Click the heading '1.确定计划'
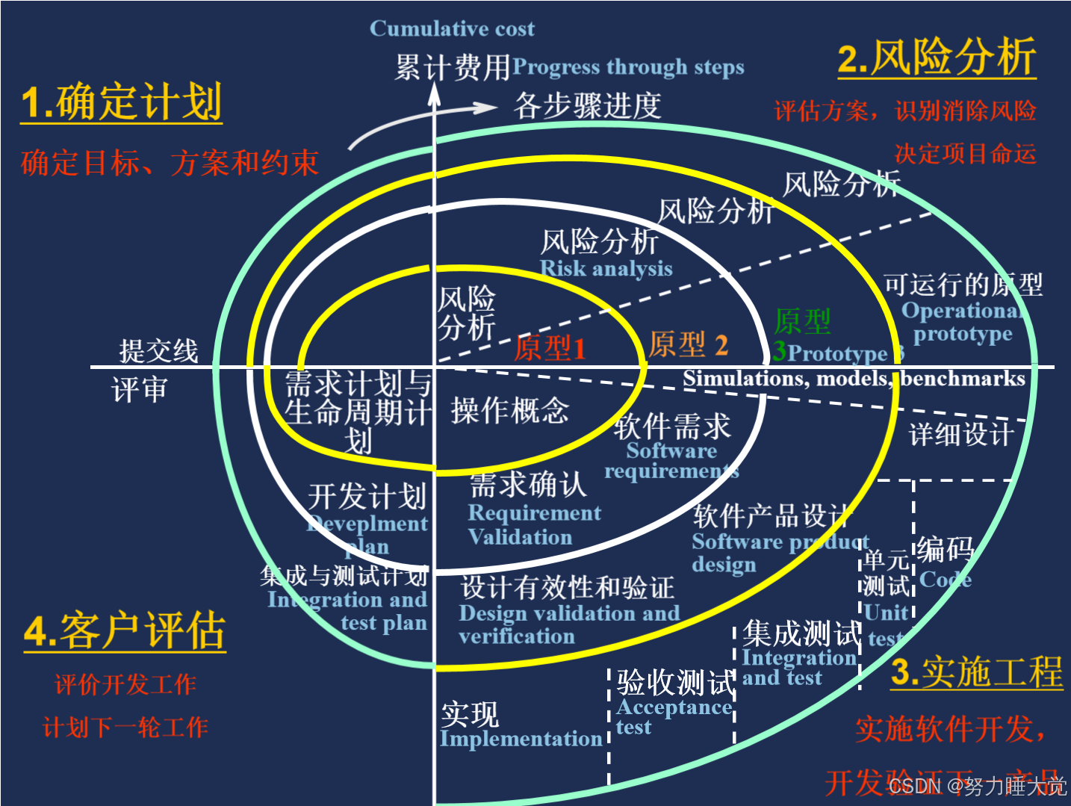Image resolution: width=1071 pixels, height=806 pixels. (121, 102)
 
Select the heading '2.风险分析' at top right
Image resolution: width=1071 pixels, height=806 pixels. (937, 57)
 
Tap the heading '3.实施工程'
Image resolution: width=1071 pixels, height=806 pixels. (977, 672)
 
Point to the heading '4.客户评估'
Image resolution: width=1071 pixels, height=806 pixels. (125, 631)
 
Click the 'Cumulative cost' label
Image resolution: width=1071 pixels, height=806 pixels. (452, 29)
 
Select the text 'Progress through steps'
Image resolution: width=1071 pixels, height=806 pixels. (628, 67)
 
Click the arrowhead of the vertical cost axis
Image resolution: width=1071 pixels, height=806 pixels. (434, 92)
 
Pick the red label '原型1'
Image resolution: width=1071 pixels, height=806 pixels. (550, 348)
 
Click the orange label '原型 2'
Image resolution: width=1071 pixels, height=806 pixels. (687, 344)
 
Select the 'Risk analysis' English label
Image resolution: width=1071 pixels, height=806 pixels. (606, 268)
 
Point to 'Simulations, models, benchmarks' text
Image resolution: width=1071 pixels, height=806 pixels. (854, 379)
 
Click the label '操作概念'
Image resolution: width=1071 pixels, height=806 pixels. (509, 410)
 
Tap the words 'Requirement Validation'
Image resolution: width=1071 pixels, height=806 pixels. (533, 524)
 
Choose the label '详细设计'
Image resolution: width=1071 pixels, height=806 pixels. (961, 433)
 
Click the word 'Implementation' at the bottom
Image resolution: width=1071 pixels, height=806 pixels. (521, 739)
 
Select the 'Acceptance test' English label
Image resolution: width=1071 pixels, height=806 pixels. (673, 716)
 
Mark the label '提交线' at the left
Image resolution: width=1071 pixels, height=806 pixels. (158, 350)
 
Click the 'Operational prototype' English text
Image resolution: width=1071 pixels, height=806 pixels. (962, 322)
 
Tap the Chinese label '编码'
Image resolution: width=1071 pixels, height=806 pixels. (945, 549)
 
